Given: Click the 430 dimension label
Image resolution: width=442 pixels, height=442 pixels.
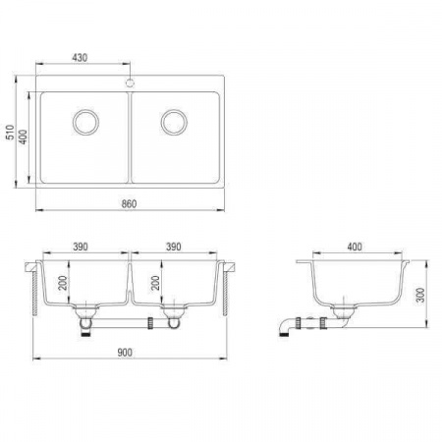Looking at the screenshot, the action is click(80, 58).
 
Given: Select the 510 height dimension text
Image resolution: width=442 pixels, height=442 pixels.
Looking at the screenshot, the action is click(11, 132).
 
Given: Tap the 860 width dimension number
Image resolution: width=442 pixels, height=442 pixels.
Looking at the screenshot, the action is click(129, 204).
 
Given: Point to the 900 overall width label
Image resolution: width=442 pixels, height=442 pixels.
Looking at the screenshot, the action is click(125, 353).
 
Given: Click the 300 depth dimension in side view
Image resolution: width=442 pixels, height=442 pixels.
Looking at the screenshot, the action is click(421, 295).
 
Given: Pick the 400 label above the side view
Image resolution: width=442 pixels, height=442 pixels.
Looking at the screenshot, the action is click(355, 247).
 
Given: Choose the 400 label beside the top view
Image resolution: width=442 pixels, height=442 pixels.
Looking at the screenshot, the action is click(24, 137).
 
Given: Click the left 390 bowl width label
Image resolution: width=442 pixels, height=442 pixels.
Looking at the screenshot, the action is click(81, 247).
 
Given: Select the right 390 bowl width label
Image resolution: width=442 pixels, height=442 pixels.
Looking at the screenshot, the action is click(173, 247).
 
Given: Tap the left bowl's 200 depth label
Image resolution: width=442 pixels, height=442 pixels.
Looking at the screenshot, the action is click(62, 283).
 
